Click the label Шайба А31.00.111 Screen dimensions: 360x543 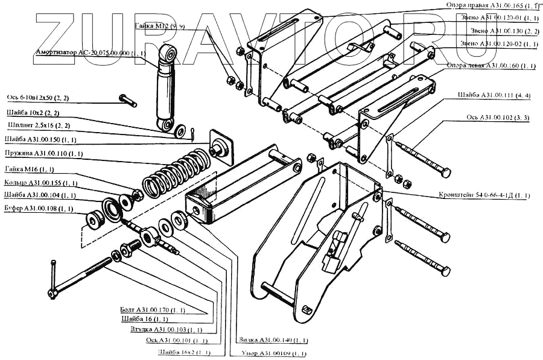point(494,94)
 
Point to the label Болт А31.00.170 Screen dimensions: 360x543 point(152,310)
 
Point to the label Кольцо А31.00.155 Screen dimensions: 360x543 point(40,182)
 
